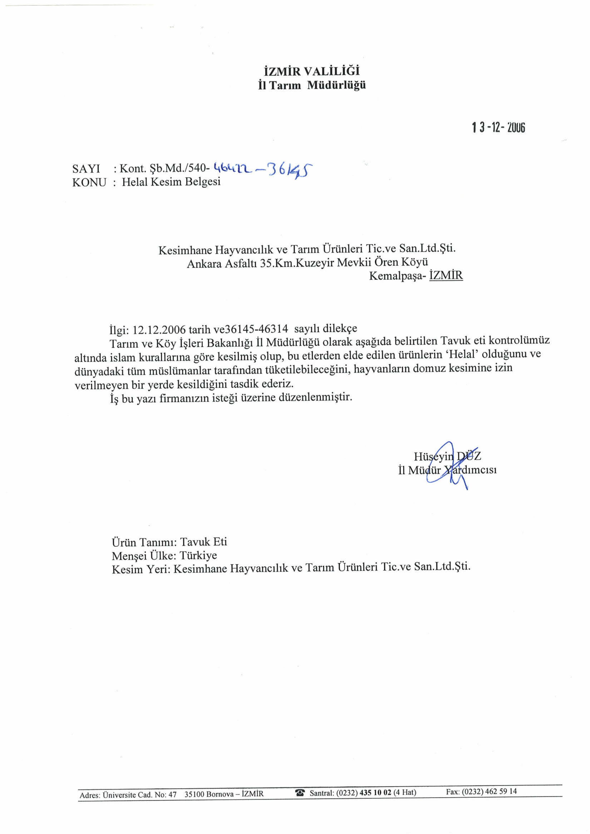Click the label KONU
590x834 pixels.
pos(89,182)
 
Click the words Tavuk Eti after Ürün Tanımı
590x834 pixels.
pos(204,542)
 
